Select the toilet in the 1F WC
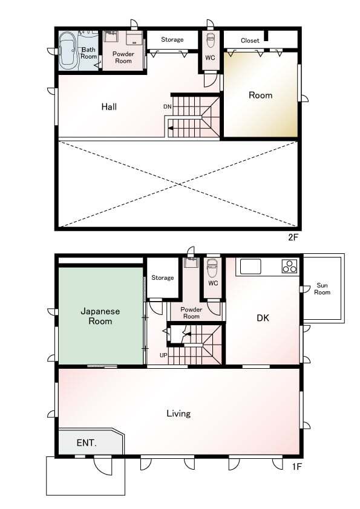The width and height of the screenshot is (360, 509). point(212,267)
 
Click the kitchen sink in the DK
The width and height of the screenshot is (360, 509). point(250,267)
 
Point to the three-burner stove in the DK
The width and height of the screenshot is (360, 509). point(289,266)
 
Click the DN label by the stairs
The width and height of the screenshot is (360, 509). point(168,106)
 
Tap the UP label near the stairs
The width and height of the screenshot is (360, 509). point(163,355)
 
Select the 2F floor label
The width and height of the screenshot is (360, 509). point(293,238)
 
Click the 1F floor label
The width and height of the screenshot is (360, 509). point(297,467)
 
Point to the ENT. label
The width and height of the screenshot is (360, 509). point(87,443)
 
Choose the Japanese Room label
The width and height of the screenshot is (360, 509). point(100,316)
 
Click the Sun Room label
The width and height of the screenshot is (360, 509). point(322,288)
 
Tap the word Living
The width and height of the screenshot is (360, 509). point(178,413)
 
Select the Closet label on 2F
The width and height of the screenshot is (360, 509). point(250,41)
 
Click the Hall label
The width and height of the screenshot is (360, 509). point(109,106)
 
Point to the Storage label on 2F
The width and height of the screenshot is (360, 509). point(172,40)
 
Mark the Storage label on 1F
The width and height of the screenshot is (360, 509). point(163,277)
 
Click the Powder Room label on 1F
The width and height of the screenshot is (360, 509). point(191,313)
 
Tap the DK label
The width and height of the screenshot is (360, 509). point(263,318)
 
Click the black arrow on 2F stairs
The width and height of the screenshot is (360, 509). point(171,128)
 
